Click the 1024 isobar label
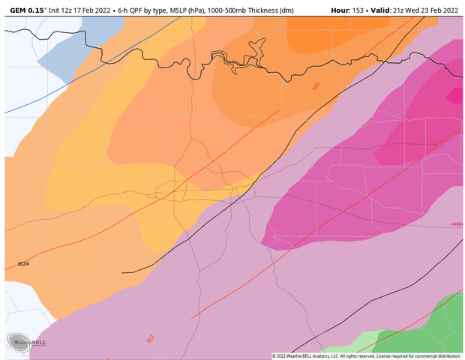(x=23, y=264)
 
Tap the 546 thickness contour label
(x=316, y=88)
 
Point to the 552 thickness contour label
(x=151, y=340)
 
